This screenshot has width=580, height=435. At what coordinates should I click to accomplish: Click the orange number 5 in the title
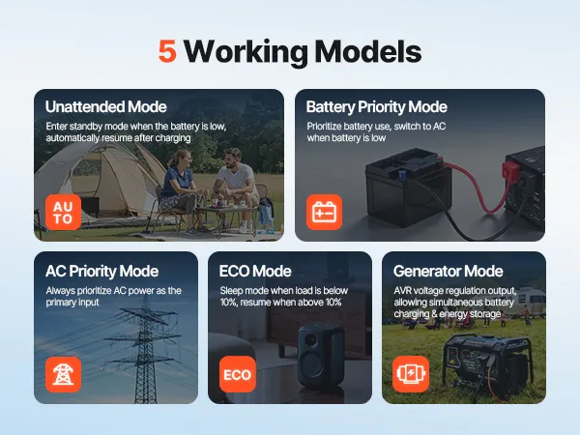click(167, 51)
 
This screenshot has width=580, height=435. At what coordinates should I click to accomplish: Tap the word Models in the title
click(368, 51)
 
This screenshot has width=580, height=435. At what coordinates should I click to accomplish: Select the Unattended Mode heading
click(105, 106)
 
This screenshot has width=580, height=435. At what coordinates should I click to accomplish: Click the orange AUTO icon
click(63, 213)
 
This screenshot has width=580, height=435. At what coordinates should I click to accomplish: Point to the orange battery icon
click(324, 213)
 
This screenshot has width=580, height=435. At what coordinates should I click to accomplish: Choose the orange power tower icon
click(63, 374)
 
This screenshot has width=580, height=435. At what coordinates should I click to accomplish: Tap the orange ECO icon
click(238, 374)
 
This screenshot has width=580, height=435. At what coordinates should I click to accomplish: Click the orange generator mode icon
click(411, 374)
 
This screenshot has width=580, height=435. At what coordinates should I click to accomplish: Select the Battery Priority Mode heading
click(377, 106)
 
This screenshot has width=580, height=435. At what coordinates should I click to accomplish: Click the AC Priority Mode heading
click(102, 271)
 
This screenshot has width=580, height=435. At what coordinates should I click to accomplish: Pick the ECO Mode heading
click(255, 271)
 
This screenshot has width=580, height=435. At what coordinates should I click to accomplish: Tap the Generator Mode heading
click(448, 271)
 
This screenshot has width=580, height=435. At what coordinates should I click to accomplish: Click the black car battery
click(407, 187)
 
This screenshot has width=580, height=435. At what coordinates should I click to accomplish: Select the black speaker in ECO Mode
click(321, 356)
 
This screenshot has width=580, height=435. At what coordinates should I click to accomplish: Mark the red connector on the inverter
click(510, 171)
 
